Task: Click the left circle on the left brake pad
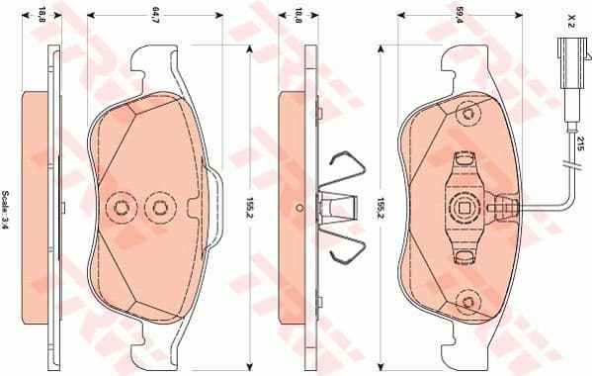123,207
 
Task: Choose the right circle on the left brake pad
158,207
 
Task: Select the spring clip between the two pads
340,208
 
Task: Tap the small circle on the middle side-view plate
297,208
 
